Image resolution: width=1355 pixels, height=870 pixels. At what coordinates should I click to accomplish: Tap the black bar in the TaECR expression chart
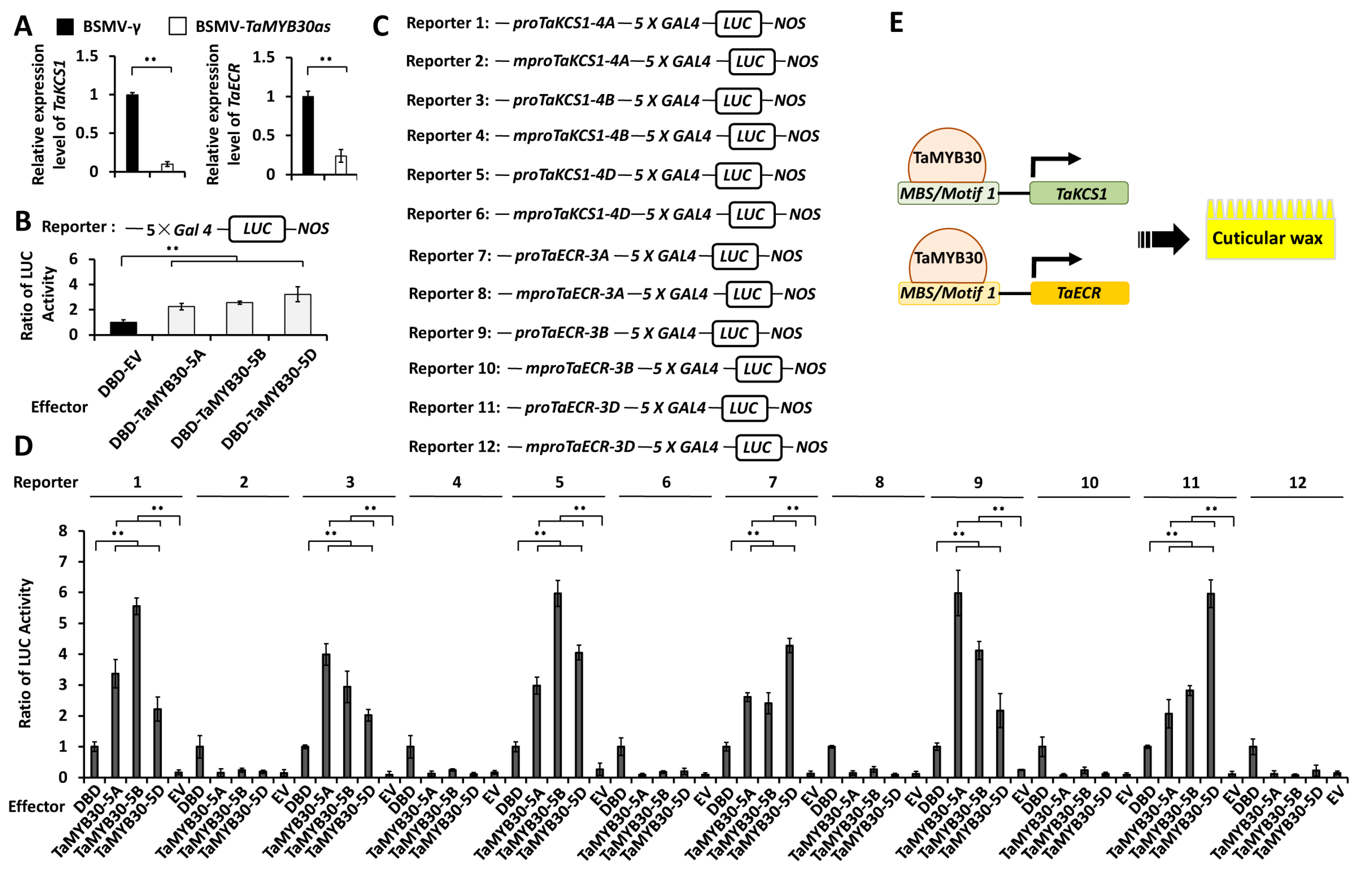coord(308,136)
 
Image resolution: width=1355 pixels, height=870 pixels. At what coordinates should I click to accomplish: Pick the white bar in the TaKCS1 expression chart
coord(167,168)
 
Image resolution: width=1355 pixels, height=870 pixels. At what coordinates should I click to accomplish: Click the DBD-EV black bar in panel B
coord(123,328)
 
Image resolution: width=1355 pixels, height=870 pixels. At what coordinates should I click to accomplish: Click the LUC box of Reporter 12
coord(758,447)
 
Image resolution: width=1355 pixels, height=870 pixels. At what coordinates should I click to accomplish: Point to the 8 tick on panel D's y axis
coord(63,531)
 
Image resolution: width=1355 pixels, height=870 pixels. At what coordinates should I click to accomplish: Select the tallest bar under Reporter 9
coord(958,684)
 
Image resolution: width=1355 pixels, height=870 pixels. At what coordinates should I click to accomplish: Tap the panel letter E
coord(896,23)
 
